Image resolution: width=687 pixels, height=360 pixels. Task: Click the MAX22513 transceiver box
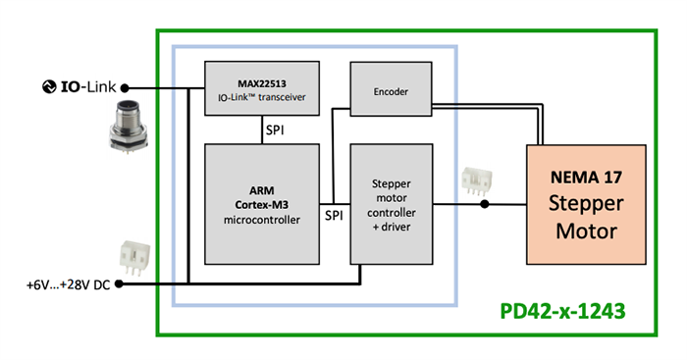[262, 87]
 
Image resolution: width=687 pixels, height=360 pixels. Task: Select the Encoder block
[391, 91]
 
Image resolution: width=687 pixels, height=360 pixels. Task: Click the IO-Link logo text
[89, 87]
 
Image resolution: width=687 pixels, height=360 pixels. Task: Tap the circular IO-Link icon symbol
[50, 87]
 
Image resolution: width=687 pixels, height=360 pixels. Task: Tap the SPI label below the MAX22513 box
[262, 129]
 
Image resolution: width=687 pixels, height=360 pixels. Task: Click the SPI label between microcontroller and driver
[335, 214]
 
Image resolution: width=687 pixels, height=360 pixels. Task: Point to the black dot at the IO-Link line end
[125, 87]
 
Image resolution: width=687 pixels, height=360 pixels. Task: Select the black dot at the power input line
[122, 284]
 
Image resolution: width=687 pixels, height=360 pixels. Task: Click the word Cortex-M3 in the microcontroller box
[261, 204]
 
